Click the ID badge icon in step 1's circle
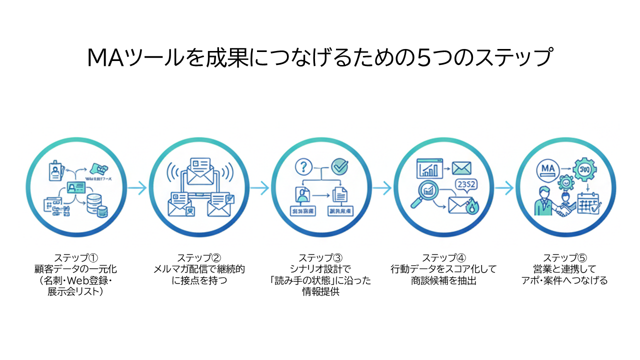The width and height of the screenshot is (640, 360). pyautogui.click(x=54, y=171)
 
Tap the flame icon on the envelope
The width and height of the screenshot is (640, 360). pyautogui.click(x=470, y=207)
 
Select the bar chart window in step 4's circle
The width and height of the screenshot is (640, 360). pyautogui.click(x=429, y=168)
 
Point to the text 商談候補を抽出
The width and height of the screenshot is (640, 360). pyautogui.click(x=443, y=280)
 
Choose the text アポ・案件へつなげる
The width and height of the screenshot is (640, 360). pyautogui.click(x=564, y=280)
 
